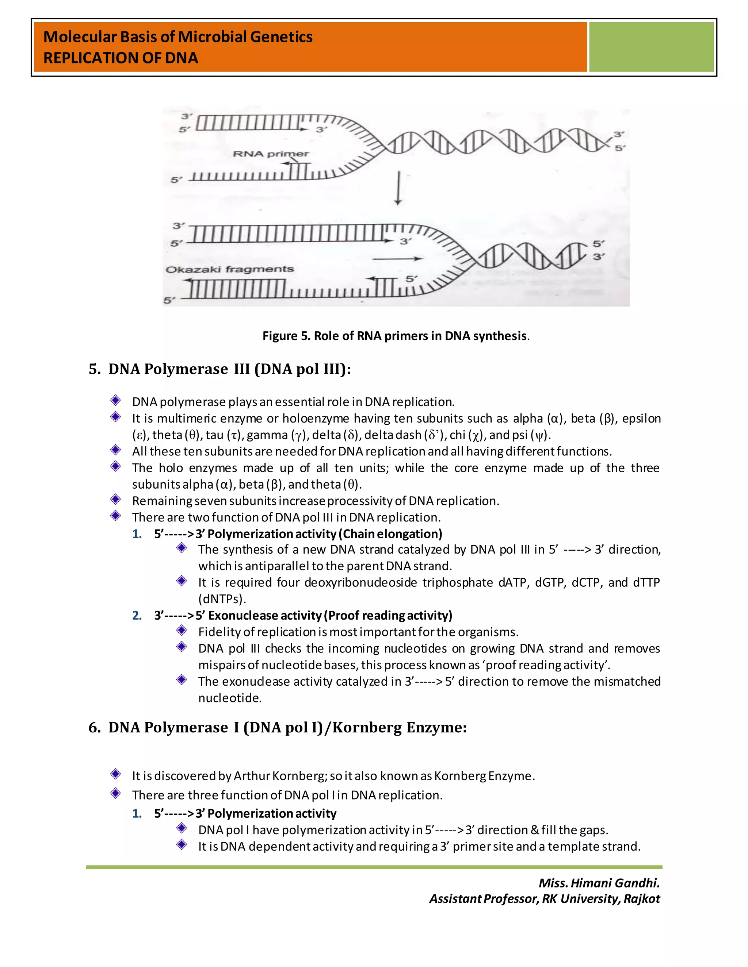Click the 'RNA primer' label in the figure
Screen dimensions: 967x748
pos(271,154)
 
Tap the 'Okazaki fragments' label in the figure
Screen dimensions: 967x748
pos(229,269)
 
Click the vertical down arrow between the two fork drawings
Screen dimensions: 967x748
pos(398,189)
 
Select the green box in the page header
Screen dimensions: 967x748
pos(651,47)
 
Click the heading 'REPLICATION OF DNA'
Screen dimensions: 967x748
pos(121,58)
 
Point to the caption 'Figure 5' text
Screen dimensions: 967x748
pos(287,336)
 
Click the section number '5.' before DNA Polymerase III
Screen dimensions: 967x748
pos(94,369)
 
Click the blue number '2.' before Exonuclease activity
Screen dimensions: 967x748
pos(137,616)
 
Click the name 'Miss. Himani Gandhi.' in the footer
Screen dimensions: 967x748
pos(599,883)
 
